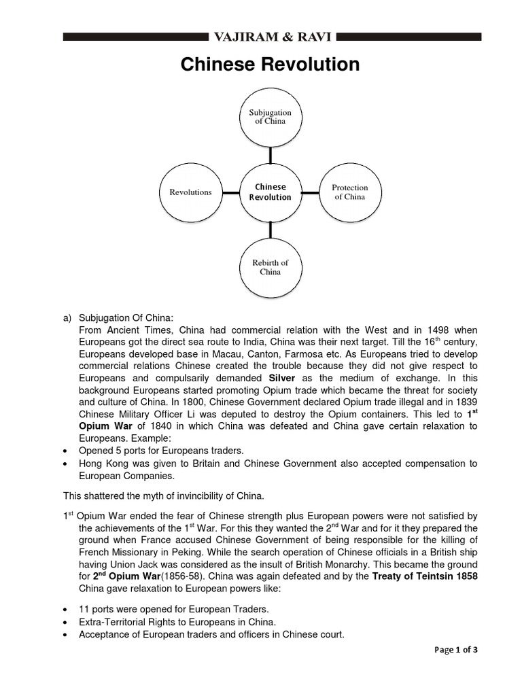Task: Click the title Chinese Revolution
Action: click(270, 65)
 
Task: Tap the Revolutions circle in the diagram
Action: click(190, 192)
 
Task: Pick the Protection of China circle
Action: click(349, 192)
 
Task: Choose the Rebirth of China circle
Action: click(270, 267)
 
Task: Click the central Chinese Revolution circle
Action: click(270, 192)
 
